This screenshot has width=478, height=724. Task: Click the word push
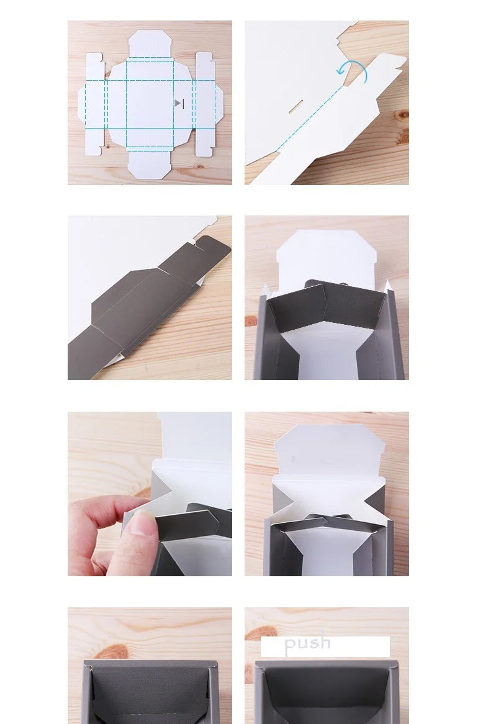tap(307, 643)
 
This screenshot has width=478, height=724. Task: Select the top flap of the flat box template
tap(150, 44)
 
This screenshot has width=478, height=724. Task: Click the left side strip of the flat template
tap(94, 104)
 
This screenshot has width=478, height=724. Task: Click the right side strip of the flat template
tap(204, 104)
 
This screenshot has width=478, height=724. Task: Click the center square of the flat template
tap(150, 104)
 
